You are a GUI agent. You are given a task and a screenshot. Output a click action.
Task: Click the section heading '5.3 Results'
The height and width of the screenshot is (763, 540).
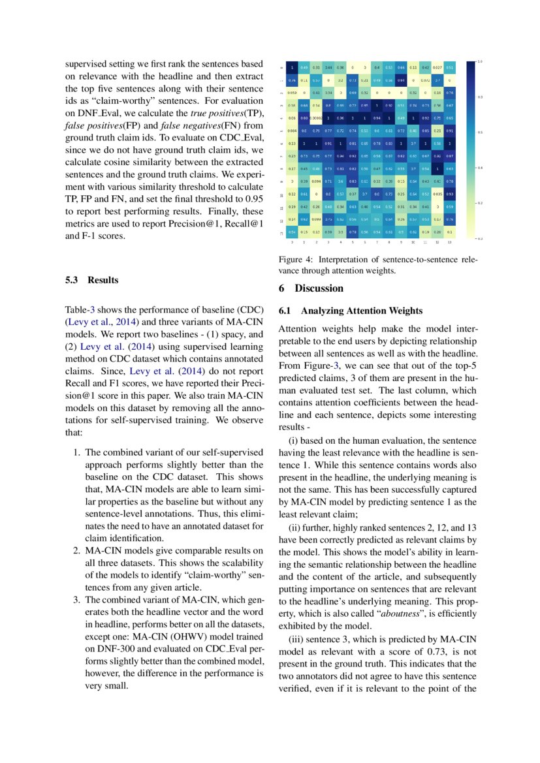(92, 280)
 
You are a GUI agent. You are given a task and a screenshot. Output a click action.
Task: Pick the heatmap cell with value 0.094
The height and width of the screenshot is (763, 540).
(316, 180)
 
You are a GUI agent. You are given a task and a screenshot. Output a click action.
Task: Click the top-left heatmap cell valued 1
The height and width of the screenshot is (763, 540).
(292, 67)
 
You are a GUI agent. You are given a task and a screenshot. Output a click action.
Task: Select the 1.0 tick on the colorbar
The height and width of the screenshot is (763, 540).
(480, 62)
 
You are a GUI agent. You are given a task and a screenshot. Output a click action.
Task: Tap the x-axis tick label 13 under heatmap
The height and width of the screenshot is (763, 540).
(449, 241)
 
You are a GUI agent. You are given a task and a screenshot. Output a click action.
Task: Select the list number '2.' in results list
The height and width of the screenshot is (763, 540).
(76, 550)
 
